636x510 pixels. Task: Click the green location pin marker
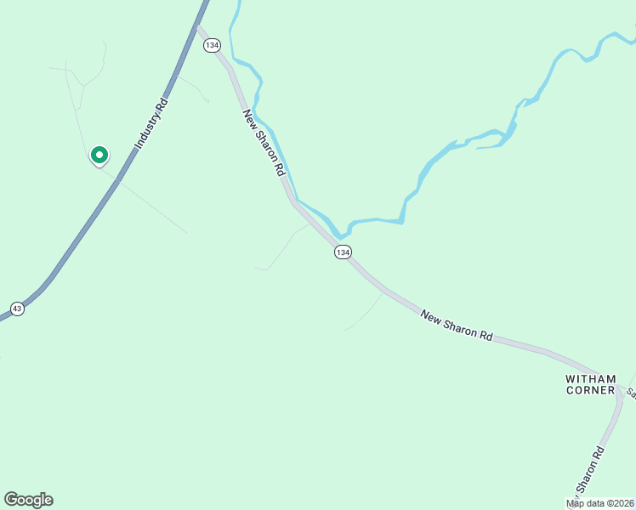pyautogui.click(x=99, y=156)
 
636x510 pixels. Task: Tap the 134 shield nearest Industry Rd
pyautogui.click(x=212, y=45)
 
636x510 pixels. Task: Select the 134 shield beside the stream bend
pyautogui.click(x=342, y=252)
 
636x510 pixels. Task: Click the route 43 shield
pyautogui.click(x=17, y=309)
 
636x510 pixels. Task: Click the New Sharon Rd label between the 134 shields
pyautogui.click(x=264, y=142)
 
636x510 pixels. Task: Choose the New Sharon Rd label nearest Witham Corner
pyautogui.click(x=457, y=326)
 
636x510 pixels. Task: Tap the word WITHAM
pyautogui.click(x=590, y=378)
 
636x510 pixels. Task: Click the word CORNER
pyautogui.click(x=590, y=390)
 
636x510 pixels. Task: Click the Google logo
pyautogui.click(x=28, y=500)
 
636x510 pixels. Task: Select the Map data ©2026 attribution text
pyautogui.click(x=600, y=503)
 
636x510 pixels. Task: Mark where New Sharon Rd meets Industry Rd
pyautogui.click(x=198, y=25)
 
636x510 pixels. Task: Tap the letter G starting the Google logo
pyautogui.click(x=11, y=500)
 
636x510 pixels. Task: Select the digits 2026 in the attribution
pyautogui.click(x=622, y=503)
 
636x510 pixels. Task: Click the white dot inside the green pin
pyautogui.click(x=99, y=155)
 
